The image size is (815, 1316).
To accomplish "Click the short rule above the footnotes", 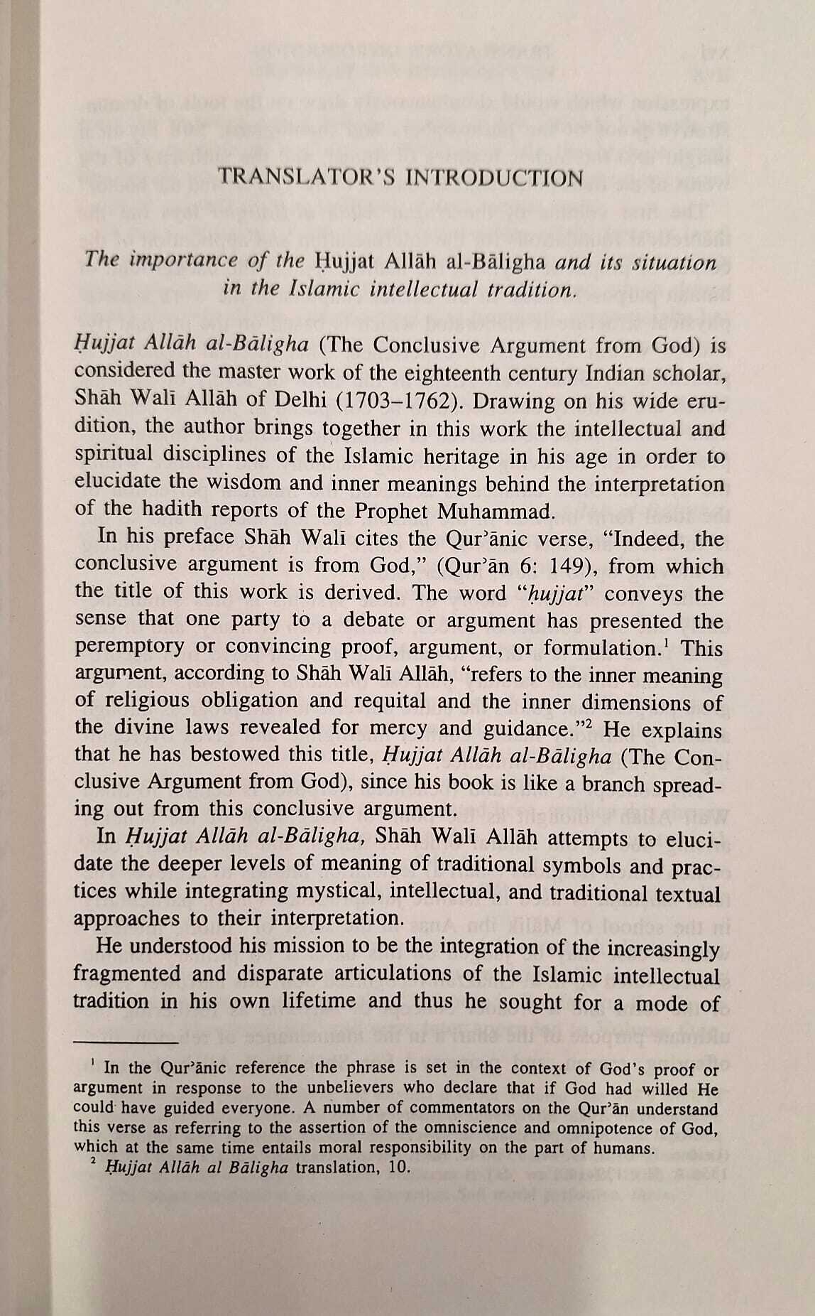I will click(125, 1042).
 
